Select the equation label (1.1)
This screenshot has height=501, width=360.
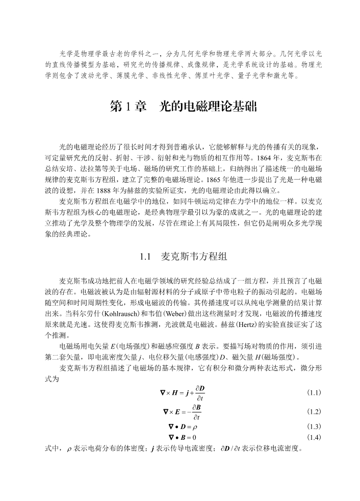314,392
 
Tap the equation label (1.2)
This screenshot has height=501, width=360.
314,412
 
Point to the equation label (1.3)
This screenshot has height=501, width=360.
314,427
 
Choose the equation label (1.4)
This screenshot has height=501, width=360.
314,438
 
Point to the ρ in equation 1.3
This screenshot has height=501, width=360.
195,427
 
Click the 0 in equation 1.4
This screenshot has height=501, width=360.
195,438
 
